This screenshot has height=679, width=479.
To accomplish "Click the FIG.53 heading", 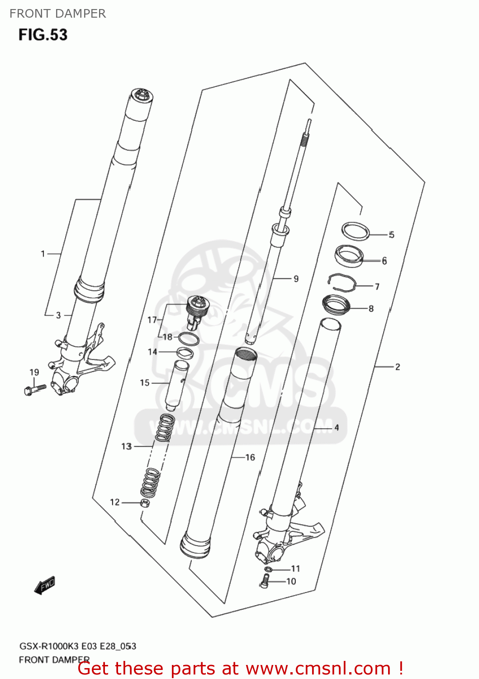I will [43, 35].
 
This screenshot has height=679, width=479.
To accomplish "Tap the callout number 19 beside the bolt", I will [34, 373].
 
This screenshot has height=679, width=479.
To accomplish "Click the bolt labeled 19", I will [34, 389].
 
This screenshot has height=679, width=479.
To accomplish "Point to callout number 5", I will [392, 234].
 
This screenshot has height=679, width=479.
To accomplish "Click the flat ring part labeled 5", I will [356, 231].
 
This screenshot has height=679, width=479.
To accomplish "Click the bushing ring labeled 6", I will [349, 256].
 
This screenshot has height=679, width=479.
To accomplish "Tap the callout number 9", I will [296, 279].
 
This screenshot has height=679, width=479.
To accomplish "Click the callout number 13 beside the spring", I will [126, 446].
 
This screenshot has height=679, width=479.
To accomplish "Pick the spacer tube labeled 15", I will [175, 385].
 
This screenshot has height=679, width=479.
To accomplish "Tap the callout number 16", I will [250, 458].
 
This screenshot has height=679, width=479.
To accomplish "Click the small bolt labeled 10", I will [266, 581].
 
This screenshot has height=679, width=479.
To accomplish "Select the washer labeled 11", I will [268, 569].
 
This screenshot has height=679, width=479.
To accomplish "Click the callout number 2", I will [398, 367].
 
